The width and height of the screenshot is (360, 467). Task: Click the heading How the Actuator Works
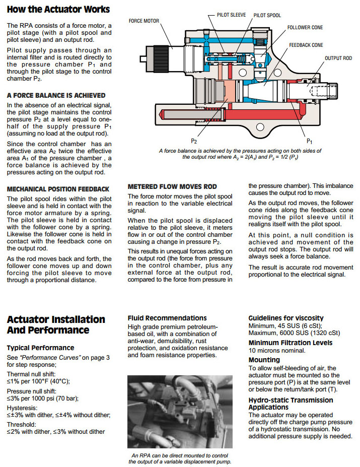(x=58, y=9)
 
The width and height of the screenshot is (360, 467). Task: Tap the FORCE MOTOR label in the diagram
(x=144, y=21)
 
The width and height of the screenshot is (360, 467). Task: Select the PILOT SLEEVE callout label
(x=231, y=15)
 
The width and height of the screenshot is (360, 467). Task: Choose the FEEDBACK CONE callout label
(x=306, y=45)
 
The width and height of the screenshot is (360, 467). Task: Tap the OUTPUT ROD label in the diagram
(x=338, y=58)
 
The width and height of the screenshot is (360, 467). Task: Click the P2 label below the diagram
(x=194, y=142)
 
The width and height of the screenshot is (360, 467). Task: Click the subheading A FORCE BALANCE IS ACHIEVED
(x=56, y=95)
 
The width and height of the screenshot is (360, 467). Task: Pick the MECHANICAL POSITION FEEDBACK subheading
(x=58, y=189)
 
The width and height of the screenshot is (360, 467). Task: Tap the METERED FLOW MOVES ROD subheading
(x=172, y=186)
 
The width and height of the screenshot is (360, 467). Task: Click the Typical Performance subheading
(x=40, y=348)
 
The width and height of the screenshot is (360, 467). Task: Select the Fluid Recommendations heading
(x=167, y=318)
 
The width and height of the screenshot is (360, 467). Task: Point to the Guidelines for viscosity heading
(x=286, y=318)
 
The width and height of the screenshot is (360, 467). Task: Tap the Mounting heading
(x=264, y=360)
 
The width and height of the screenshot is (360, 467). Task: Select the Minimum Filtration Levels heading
(x=291, y=343)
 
